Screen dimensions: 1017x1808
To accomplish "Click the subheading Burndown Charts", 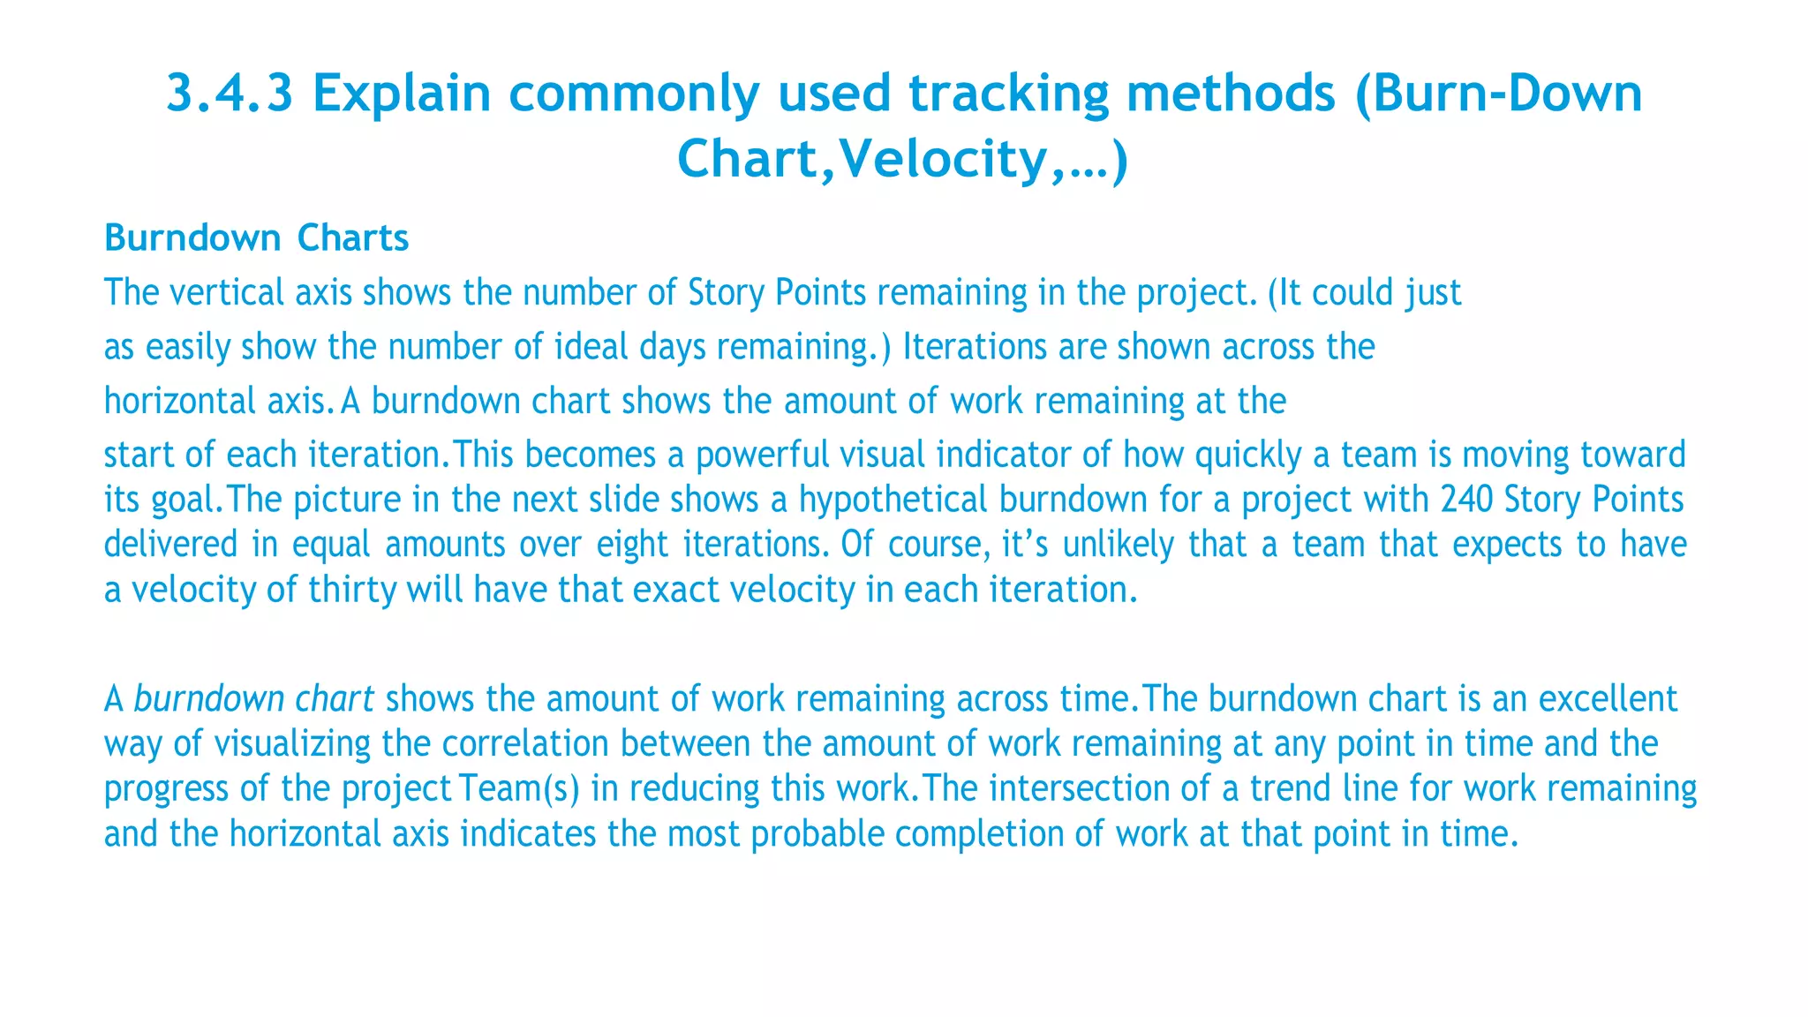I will (x=256, y=238).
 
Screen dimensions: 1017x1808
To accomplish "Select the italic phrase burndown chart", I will (x=253, y=699).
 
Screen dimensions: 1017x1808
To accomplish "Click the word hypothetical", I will (x=893, y=500).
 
